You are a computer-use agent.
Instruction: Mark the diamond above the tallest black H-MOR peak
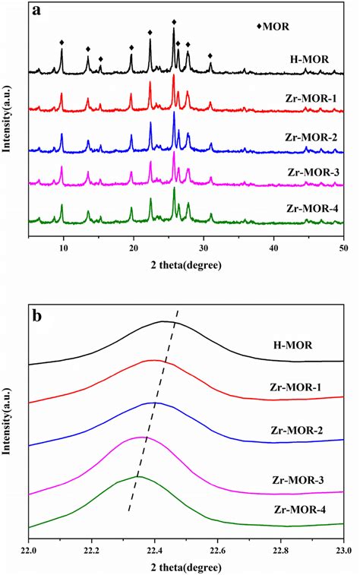pyautogui.click(x=174, y=22)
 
